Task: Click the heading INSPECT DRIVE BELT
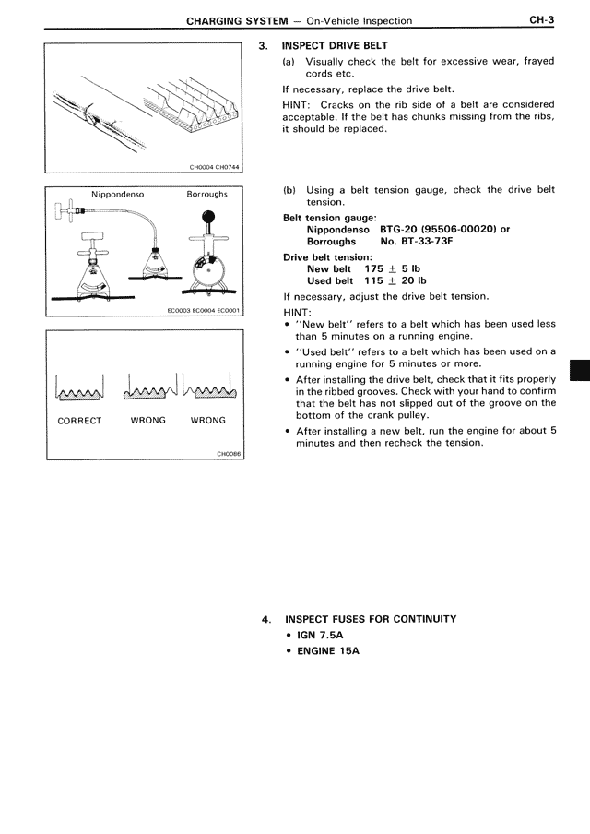[335, 45]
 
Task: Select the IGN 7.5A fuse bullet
[320, 635]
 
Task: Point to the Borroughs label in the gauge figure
[206, 195]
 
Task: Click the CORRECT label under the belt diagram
[79, 420]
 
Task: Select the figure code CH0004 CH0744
[213, 167]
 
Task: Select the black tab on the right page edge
[581, 370]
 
